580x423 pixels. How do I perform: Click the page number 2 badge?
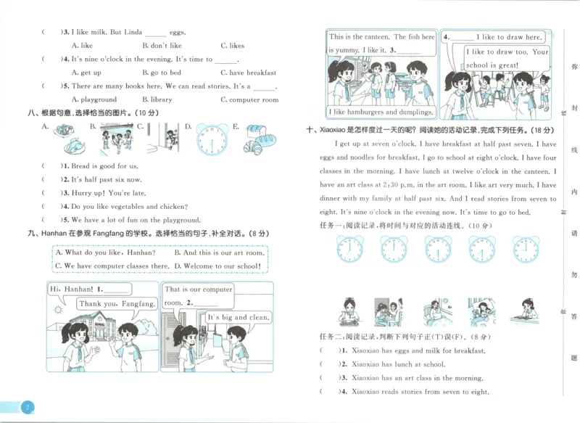pos(27,407)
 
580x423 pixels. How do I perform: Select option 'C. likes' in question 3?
pos(232,46)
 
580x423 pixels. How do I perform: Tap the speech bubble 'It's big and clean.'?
pos(239,317)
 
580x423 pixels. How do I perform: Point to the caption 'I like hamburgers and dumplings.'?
pos(381,112)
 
